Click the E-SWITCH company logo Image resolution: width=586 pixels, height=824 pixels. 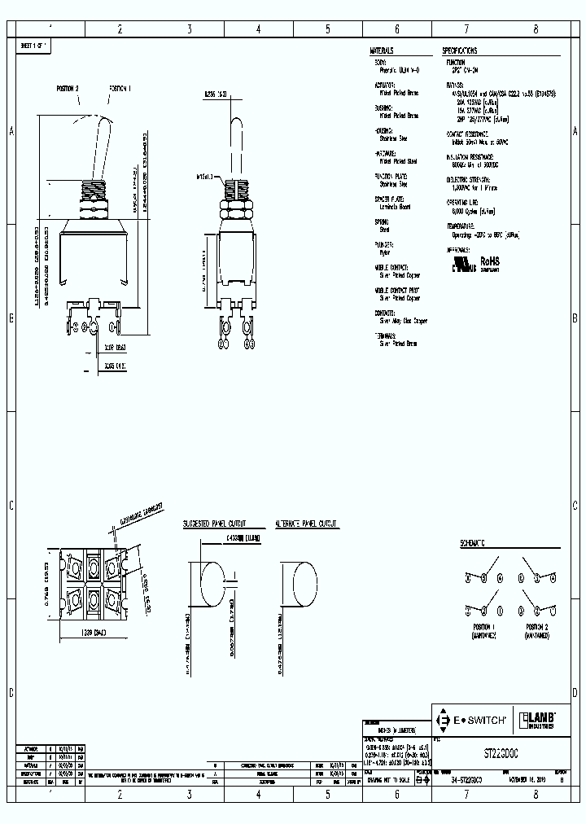point(474,720)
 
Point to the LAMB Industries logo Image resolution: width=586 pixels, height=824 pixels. point(540,720)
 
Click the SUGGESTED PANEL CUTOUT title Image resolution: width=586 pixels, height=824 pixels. point(214,524)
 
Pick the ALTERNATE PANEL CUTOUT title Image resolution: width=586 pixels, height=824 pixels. point(306,524)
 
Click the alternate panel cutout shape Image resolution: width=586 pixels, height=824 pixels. point(298,581)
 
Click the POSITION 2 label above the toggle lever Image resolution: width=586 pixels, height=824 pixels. point(68,87)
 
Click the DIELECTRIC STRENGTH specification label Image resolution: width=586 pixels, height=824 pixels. point(468,179)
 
